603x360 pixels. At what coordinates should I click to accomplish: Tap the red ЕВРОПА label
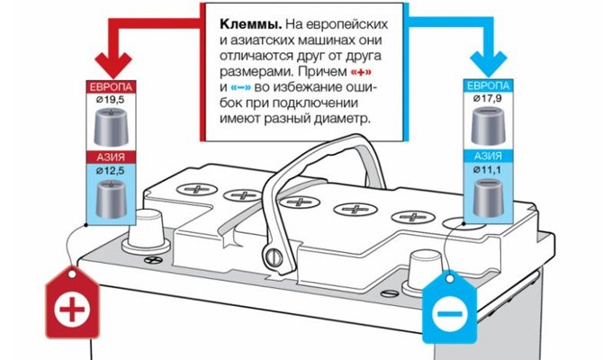pyautogui.click(x=112, y=86)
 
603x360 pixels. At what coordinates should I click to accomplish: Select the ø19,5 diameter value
pyautogui.click(x=112, y=100)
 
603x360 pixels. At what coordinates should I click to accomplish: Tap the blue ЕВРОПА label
pyautogui.click(x=490, y=86)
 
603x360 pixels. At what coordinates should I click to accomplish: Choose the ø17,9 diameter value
pyautogui.click(x=490, y=100)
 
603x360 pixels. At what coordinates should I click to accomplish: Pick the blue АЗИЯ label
pyautogui.click(x=490, y=157)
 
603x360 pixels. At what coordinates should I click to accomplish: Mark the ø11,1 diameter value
pyautogui.click(x=490, y=170)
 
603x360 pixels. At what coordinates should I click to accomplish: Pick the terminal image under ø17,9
pyautogui.click(x=490, y=126)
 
